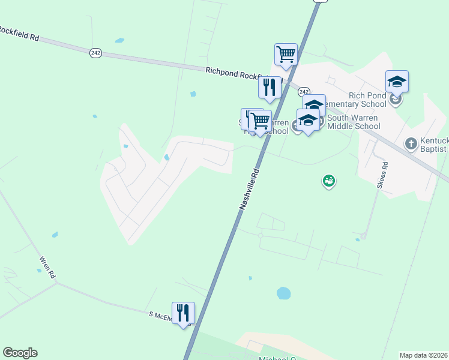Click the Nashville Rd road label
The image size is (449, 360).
point(250,188)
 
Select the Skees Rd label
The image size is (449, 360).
point(381,175)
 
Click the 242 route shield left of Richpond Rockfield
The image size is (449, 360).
point(95,53)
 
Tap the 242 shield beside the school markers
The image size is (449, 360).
point(304,92)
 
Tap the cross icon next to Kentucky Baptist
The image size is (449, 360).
point(411,143)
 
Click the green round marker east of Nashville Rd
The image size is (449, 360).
point(328,180)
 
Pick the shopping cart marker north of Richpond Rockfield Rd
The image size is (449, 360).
point(286,55)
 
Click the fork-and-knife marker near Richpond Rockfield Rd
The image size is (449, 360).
point(270,88)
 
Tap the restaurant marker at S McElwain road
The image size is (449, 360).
point(183,313)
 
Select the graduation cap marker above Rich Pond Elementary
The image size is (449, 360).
point(397,82)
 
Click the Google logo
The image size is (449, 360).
point(20,353)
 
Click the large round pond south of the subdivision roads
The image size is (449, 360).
point(283,293)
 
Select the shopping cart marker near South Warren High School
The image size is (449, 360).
point(260,121)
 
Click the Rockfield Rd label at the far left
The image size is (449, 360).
point(20,33)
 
